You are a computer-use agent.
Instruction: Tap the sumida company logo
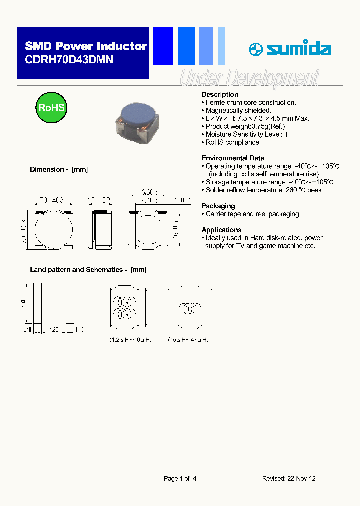(290, 49)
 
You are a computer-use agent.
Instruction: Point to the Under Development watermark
(248, 79)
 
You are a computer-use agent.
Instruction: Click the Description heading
(220, 95)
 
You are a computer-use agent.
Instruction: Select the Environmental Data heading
(233, 158)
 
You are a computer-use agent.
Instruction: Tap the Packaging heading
(218, 206)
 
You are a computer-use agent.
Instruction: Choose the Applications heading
(221, 230)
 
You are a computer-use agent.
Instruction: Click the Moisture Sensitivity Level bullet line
(245, 134)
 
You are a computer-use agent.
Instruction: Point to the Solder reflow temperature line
(263, 190)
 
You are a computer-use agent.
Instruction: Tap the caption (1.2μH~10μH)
(131, 340)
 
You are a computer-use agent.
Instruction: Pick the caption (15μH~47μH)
(188, 340)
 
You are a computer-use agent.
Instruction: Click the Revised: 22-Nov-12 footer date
(289, 478)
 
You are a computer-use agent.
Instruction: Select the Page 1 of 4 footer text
(180, 478)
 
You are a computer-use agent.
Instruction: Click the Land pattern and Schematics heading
(88, 270)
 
